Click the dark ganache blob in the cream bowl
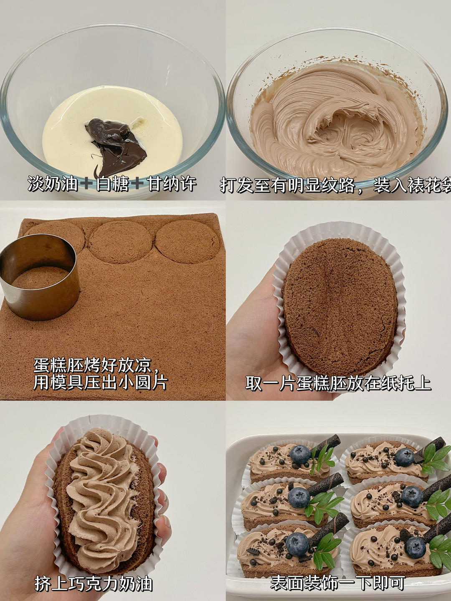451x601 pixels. coord(117,145)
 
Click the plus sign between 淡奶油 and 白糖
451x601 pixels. coord(87,184)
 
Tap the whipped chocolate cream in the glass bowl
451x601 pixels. coord(337,121)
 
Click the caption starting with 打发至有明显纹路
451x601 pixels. coord(335,185)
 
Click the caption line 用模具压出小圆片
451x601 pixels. coord(100,382)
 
